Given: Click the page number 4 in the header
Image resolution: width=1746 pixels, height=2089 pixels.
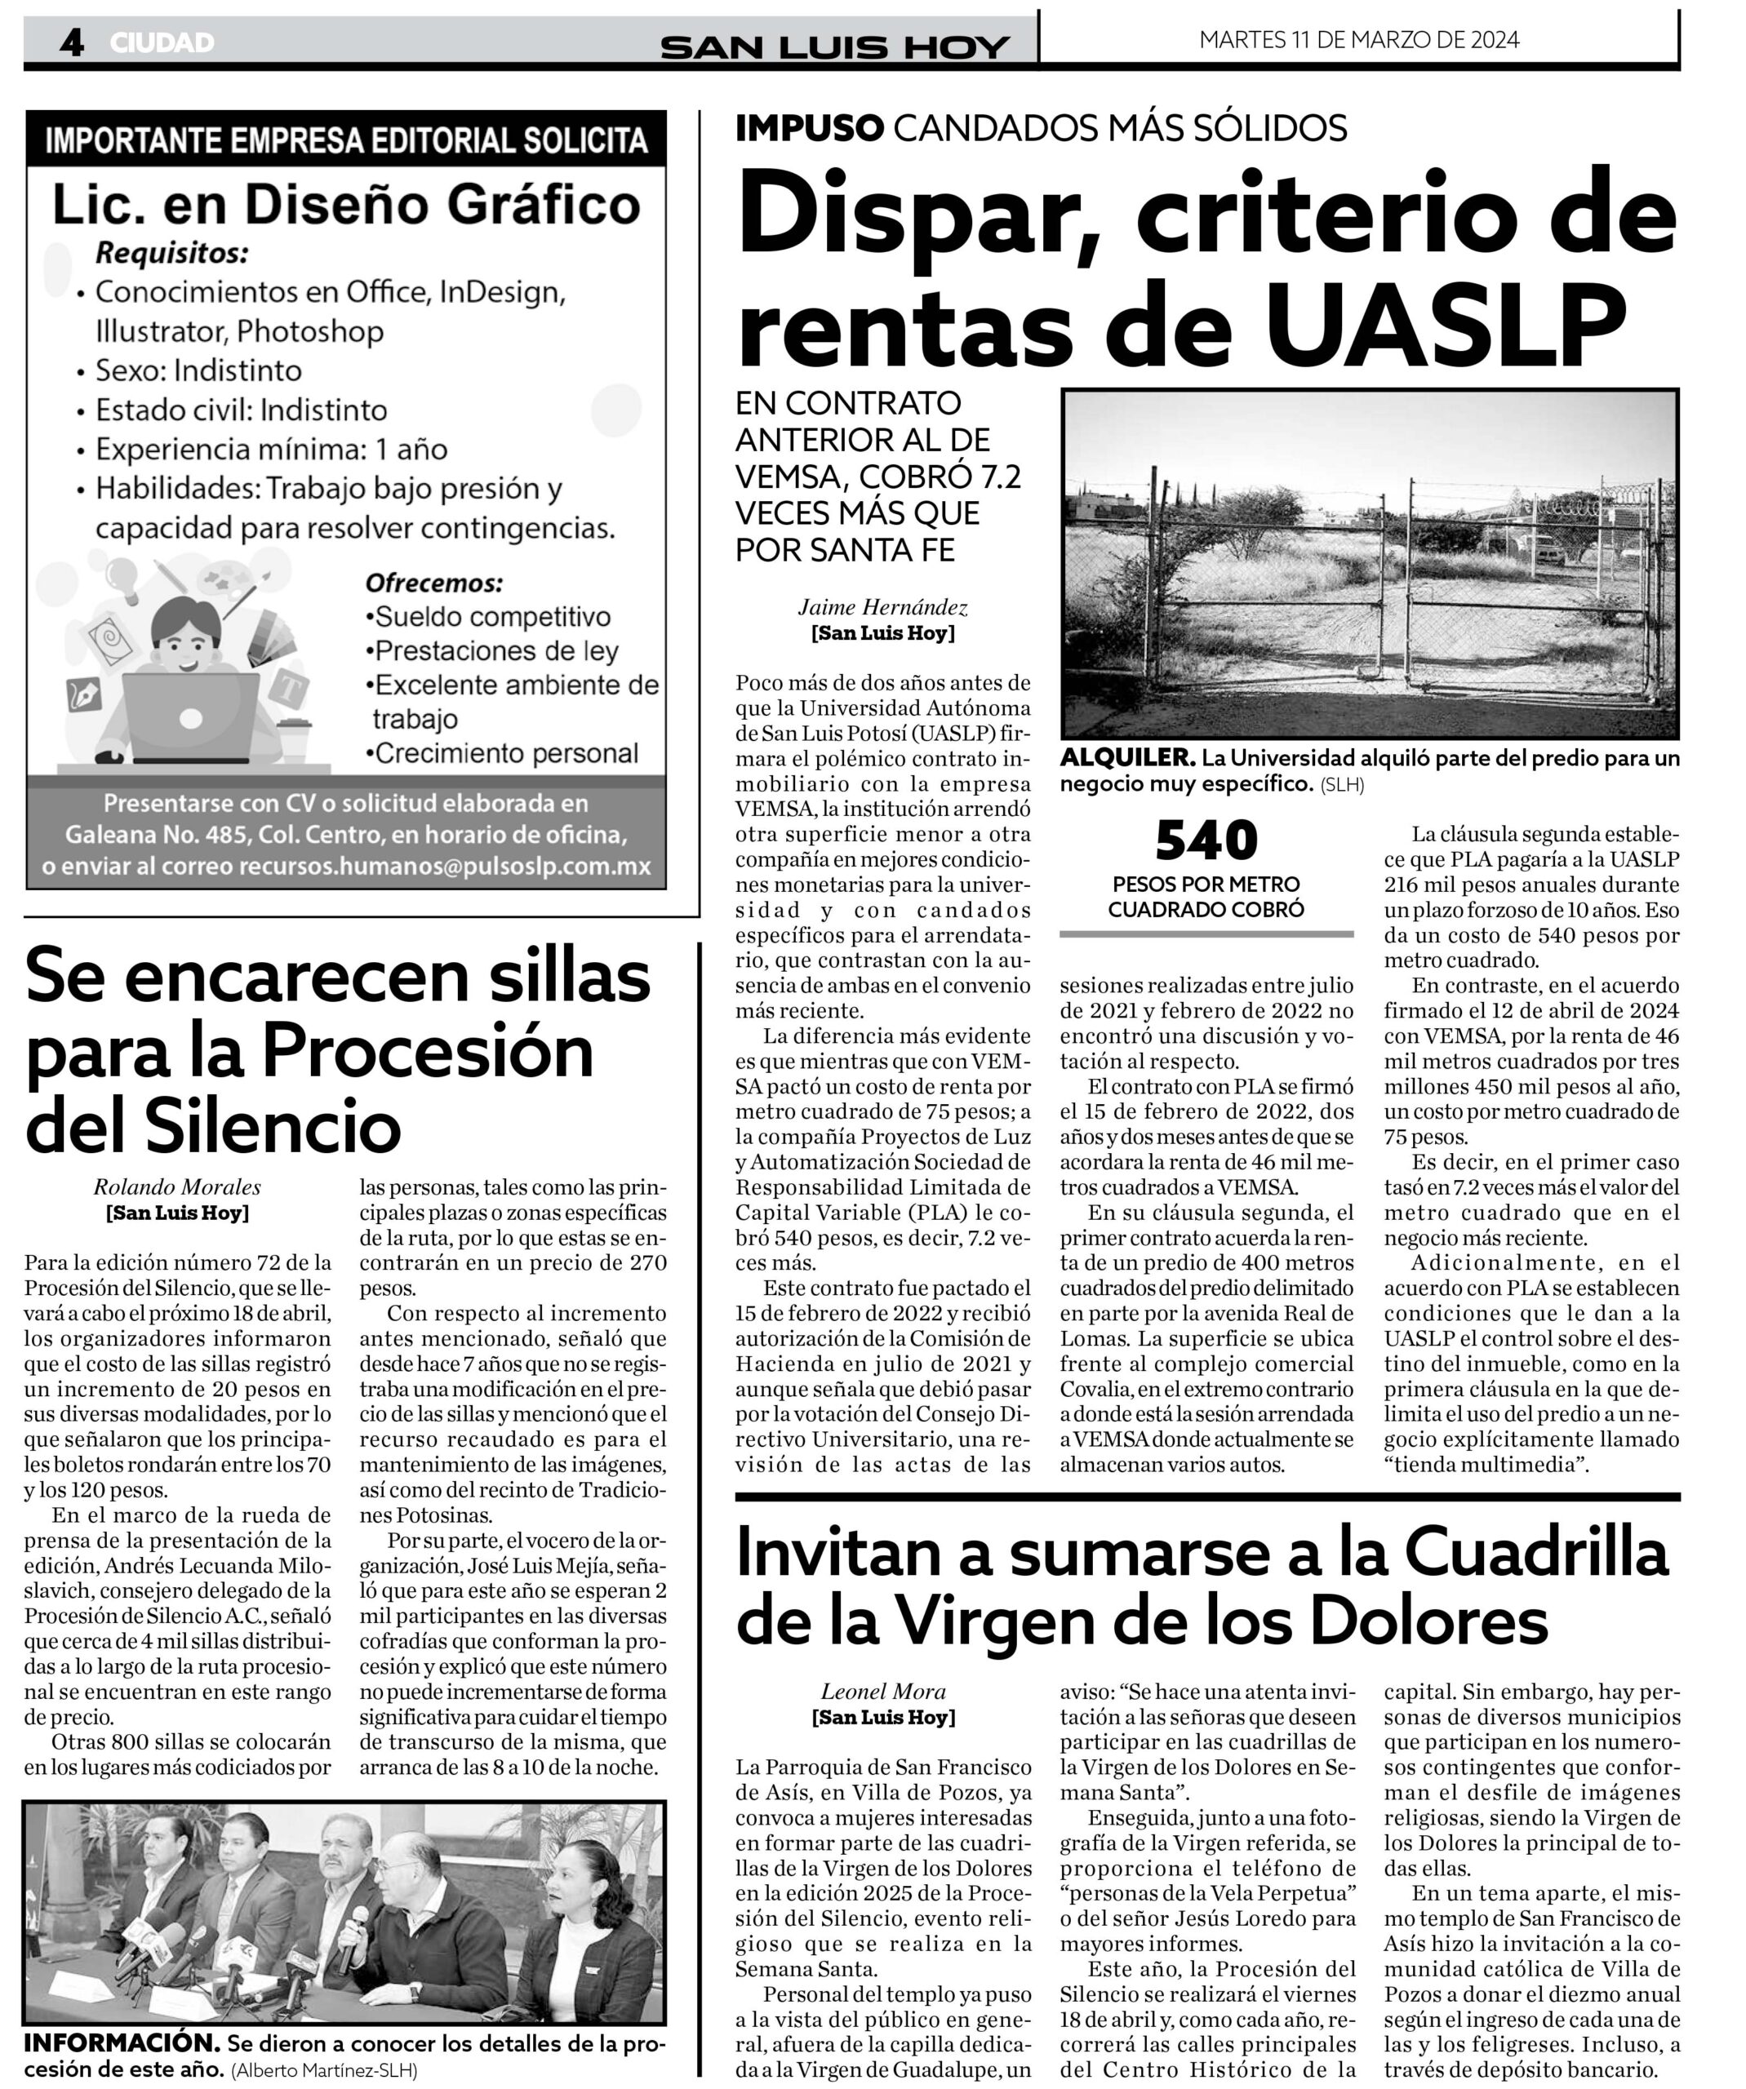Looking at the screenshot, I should point(71,42).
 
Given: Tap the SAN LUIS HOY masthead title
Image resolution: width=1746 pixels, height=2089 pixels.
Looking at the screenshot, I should point(835,47).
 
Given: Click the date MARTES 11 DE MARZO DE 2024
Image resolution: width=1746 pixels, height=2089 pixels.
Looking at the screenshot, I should point(1359,40).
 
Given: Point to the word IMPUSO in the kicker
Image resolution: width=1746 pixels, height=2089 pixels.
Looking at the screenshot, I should point(809,128).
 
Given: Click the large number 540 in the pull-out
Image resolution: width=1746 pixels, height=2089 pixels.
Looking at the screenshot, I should point(1206,840).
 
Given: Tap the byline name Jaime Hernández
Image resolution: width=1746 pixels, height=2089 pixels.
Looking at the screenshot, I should point(882,607).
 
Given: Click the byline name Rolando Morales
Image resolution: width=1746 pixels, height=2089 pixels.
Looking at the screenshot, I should point(177,1186).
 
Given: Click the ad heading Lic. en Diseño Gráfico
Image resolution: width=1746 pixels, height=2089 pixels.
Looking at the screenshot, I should point(345,204).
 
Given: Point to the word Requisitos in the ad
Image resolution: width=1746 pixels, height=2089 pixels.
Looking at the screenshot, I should point(171,254).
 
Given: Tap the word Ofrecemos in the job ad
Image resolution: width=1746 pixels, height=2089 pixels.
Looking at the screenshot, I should point(433,582).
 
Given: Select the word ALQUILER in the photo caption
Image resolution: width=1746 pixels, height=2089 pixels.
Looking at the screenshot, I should point(1126,758).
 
